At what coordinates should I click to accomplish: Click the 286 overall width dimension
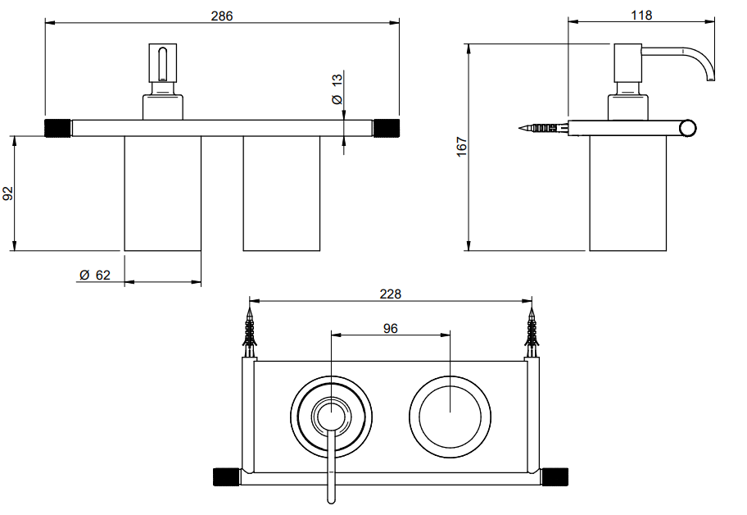(222, 16)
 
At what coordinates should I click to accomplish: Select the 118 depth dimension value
(641, 16)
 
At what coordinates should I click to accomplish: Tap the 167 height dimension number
(461, 147)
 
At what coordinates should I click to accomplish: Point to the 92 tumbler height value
(8, 194)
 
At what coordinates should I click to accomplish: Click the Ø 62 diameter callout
(95, 276)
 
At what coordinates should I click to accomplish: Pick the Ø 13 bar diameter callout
(337, 89)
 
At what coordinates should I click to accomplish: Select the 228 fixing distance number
(390, 294)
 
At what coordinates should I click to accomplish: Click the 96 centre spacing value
(390, 329)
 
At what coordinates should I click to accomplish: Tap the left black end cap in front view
(57, 128)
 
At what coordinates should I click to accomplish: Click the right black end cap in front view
(387, 128)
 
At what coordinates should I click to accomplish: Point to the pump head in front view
(163, 62)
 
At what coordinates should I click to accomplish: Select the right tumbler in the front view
(282, 194)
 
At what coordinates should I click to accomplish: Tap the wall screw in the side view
(543, 128)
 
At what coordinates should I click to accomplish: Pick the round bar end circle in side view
(688, 128)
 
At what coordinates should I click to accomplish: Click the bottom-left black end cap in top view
(226, 477)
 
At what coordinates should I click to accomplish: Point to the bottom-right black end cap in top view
(555, 477)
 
